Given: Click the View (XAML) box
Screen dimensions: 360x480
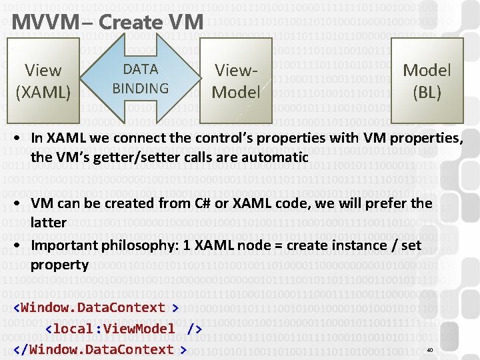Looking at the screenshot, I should pyautogui.click(x=43, y=80).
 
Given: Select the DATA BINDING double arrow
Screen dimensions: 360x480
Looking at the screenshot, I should pyautogui.click(x=141, y=79).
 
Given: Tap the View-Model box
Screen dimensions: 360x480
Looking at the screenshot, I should pyautogui.click(x=235, y=81).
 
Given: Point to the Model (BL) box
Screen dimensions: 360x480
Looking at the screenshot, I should pyautogui.click(x=427, y=80).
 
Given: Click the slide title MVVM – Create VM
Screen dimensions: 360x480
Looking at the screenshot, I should pyautogui.click(x=107, y=22).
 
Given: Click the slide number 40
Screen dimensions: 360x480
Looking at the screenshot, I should pyautogui.click(x=429, y=350).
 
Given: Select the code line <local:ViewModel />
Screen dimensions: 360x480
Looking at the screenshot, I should pyautogui.click(x=123, y=328).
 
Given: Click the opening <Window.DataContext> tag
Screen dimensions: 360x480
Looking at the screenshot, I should pyautogui.click(x=96, y=307).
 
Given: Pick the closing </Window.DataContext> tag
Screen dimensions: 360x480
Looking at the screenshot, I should pyautogui.click(x=99, y=349).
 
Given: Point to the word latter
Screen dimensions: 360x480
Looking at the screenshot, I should pyautogui.click(x=48, y=222).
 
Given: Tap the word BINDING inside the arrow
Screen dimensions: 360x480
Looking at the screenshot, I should pyautogui.click(x=141, y=88).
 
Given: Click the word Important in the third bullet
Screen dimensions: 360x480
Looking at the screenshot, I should pyautogui.click(x=63, y=245).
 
